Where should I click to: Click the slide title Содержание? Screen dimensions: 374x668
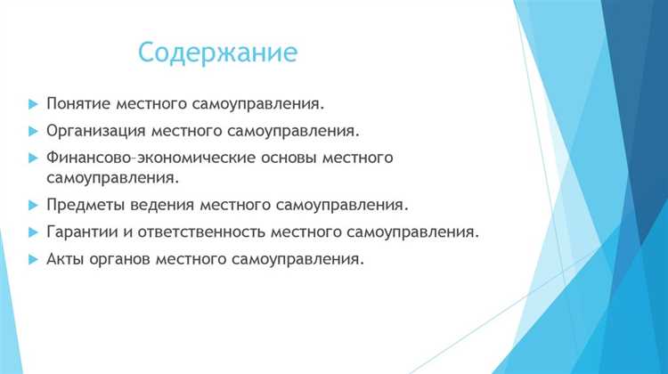(x=217, y=52)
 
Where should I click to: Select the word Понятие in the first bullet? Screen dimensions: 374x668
(x=76, y=103)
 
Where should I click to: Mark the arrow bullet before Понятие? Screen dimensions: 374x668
(x=33, y=104)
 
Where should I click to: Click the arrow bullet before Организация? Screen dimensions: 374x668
(x=33, y=131)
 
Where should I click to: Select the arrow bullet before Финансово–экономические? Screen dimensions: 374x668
(x=33, y=158)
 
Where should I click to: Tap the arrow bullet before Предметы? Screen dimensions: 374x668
(x=33, y=205)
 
